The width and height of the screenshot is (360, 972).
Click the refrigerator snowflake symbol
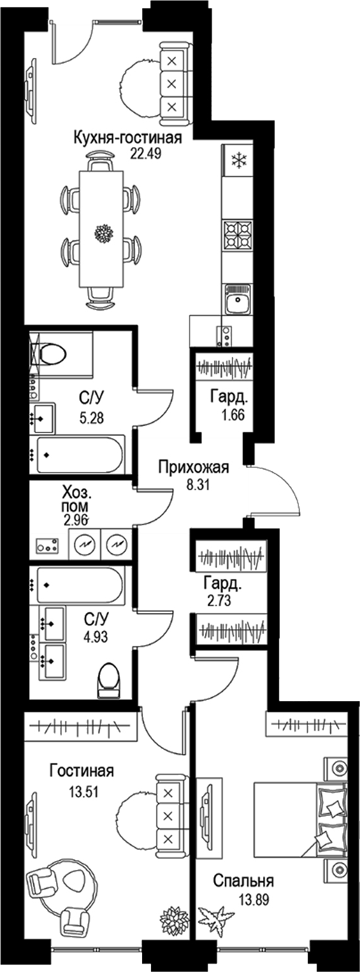coord(238,159)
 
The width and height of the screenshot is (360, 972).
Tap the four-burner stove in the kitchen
coord(238,236)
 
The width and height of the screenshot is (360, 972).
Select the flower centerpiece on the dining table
coord(103,233)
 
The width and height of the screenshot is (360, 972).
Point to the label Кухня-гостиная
coord(128,138)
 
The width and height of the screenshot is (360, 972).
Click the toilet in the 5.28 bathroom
coord(57,353)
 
